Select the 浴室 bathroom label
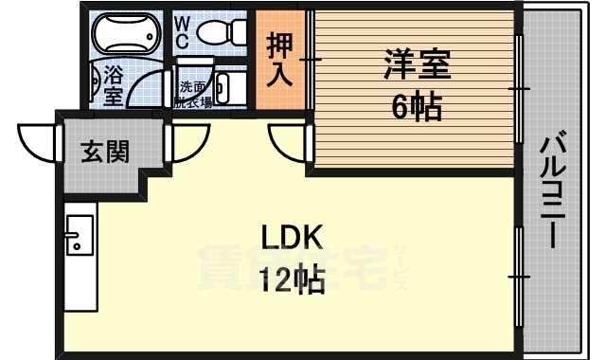coord(113,83)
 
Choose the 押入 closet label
coord(279,60)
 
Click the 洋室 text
coord(417,65)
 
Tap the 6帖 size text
coord(417,108)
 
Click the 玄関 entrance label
coord(104,150)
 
